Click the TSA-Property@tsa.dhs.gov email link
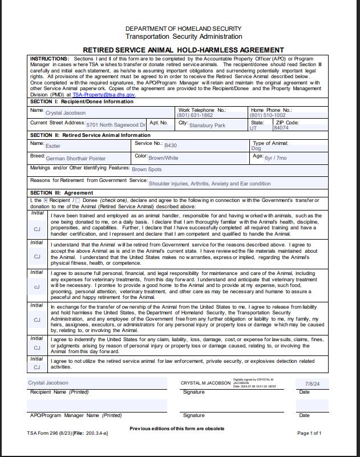[x=104, y=95]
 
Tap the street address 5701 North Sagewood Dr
[x=116, y=124]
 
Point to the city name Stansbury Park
[x=207, y=125]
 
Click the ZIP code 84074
[x=281, y=128]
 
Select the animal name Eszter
[x=53, y=146]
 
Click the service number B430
[x=171, y=145]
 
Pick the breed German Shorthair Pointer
[x=76, y=158]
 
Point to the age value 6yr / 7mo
[x=276, y=157]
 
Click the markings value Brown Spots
[x=147, y=169]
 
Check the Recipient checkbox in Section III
[x=46, y=201]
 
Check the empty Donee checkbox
[x=78, y=201]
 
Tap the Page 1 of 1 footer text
[x=309, y=433]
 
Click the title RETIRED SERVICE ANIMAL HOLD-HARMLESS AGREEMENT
[x=180, y=50]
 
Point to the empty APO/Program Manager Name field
[x=97, y=406]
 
